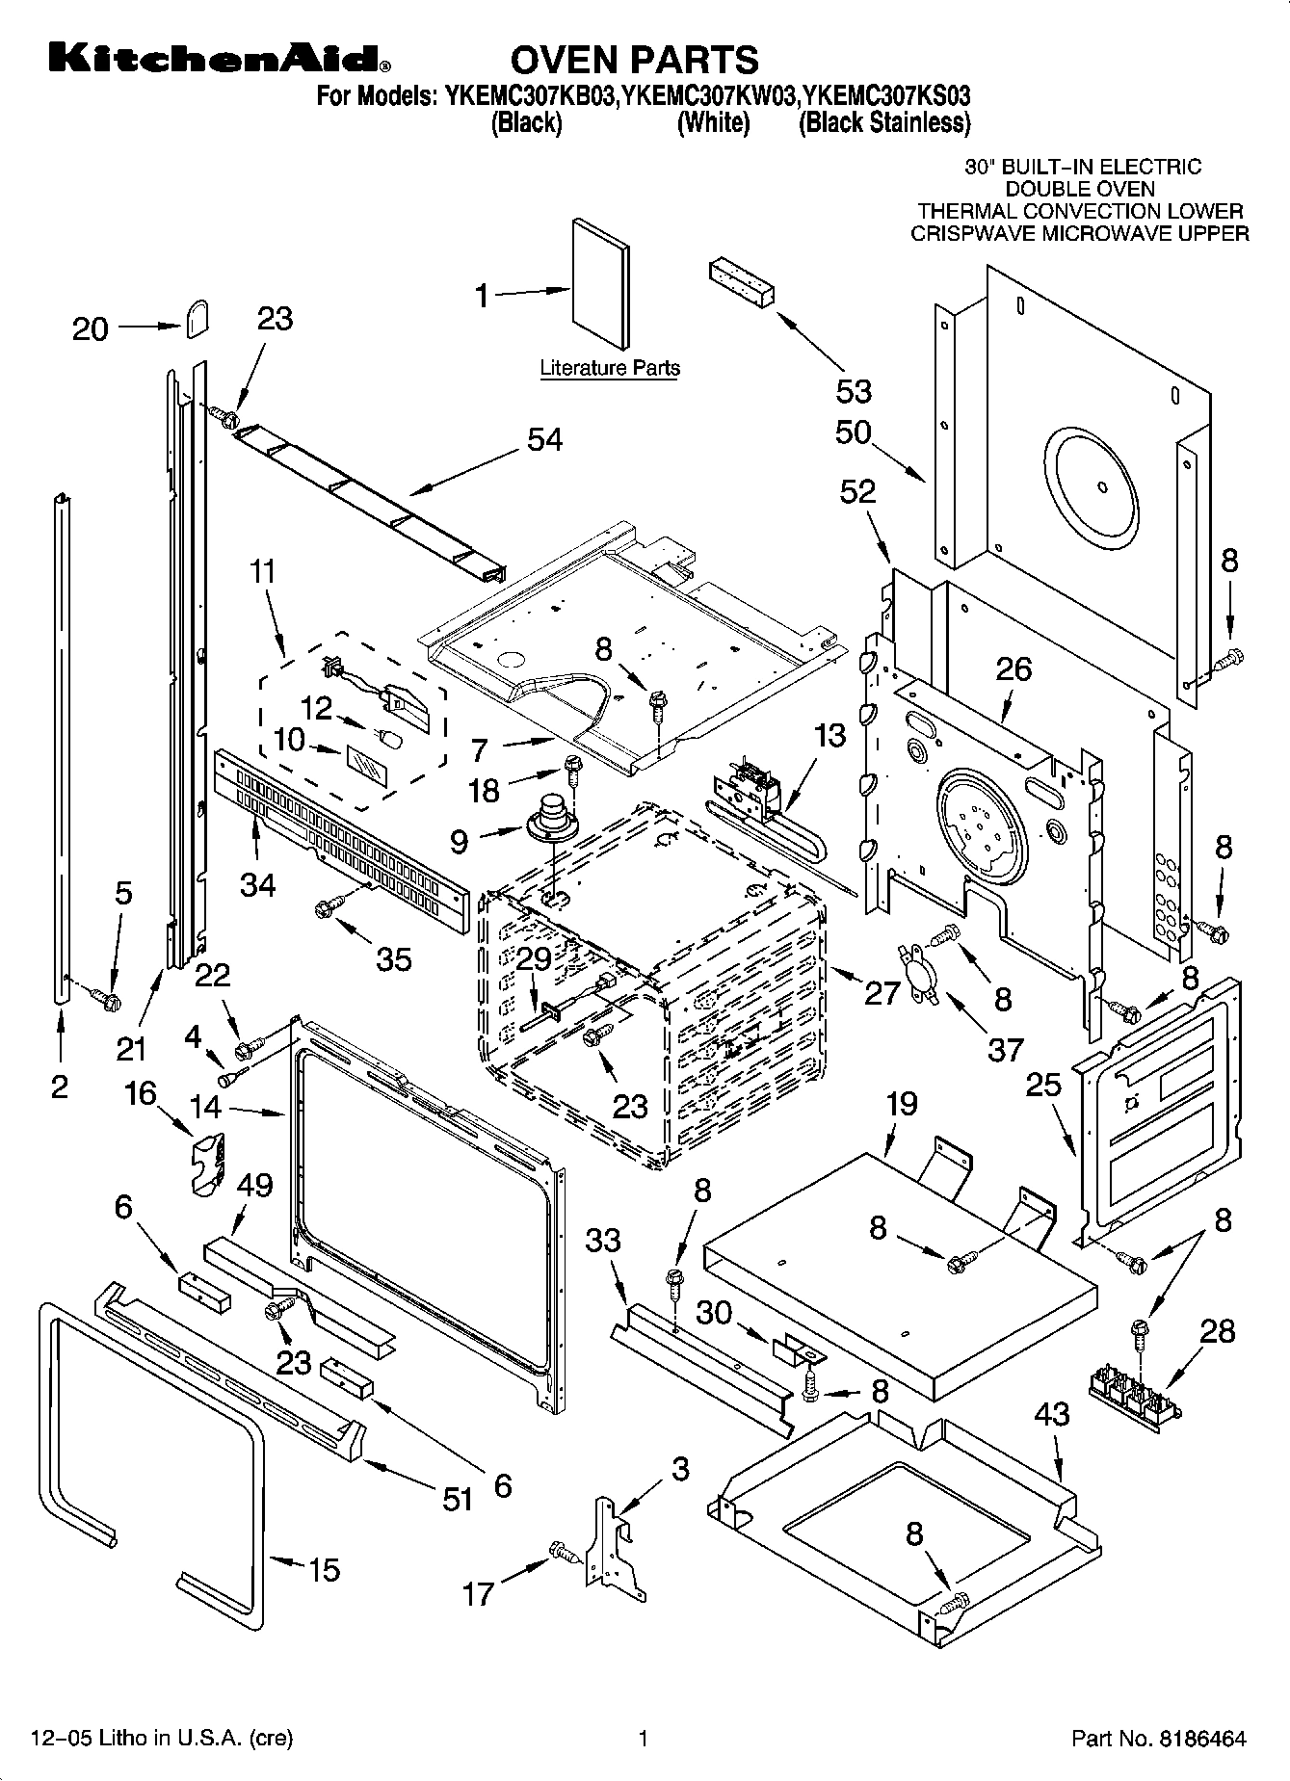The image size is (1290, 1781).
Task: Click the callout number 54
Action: [x=544, y=439]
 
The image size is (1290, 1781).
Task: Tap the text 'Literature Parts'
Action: [x=609, y=368]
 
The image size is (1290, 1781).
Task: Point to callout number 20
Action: [x=91, y=329]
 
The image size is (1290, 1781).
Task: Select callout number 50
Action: [x=854, y=432]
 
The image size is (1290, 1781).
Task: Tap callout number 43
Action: [x=1052, y=1414]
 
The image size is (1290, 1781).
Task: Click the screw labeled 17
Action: [x=561, y=1550]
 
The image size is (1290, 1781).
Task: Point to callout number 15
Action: [x=324, y=1569]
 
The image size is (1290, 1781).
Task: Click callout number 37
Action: [x=1005, y=1049]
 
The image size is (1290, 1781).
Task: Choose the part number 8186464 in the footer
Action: [x=1200, y=1739]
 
